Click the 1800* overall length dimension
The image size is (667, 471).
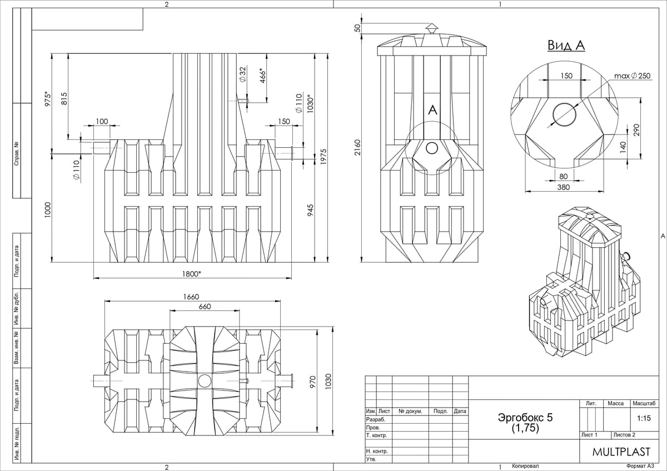191,273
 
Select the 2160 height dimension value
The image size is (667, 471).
358,147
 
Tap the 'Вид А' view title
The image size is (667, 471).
566,46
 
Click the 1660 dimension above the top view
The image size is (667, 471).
191,297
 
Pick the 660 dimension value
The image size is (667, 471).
205,307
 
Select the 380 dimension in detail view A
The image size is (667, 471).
564,187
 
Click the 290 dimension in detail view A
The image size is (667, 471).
637,129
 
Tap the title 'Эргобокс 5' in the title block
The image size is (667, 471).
525,418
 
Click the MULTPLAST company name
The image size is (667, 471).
620,452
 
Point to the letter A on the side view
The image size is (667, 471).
432,111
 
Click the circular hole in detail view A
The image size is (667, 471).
565,114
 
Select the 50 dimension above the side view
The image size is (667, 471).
358,27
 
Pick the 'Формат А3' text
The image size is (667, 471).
642,467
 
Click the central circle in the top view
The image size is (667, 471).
205,380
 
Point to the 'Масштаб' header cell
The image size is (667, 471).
643,403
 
